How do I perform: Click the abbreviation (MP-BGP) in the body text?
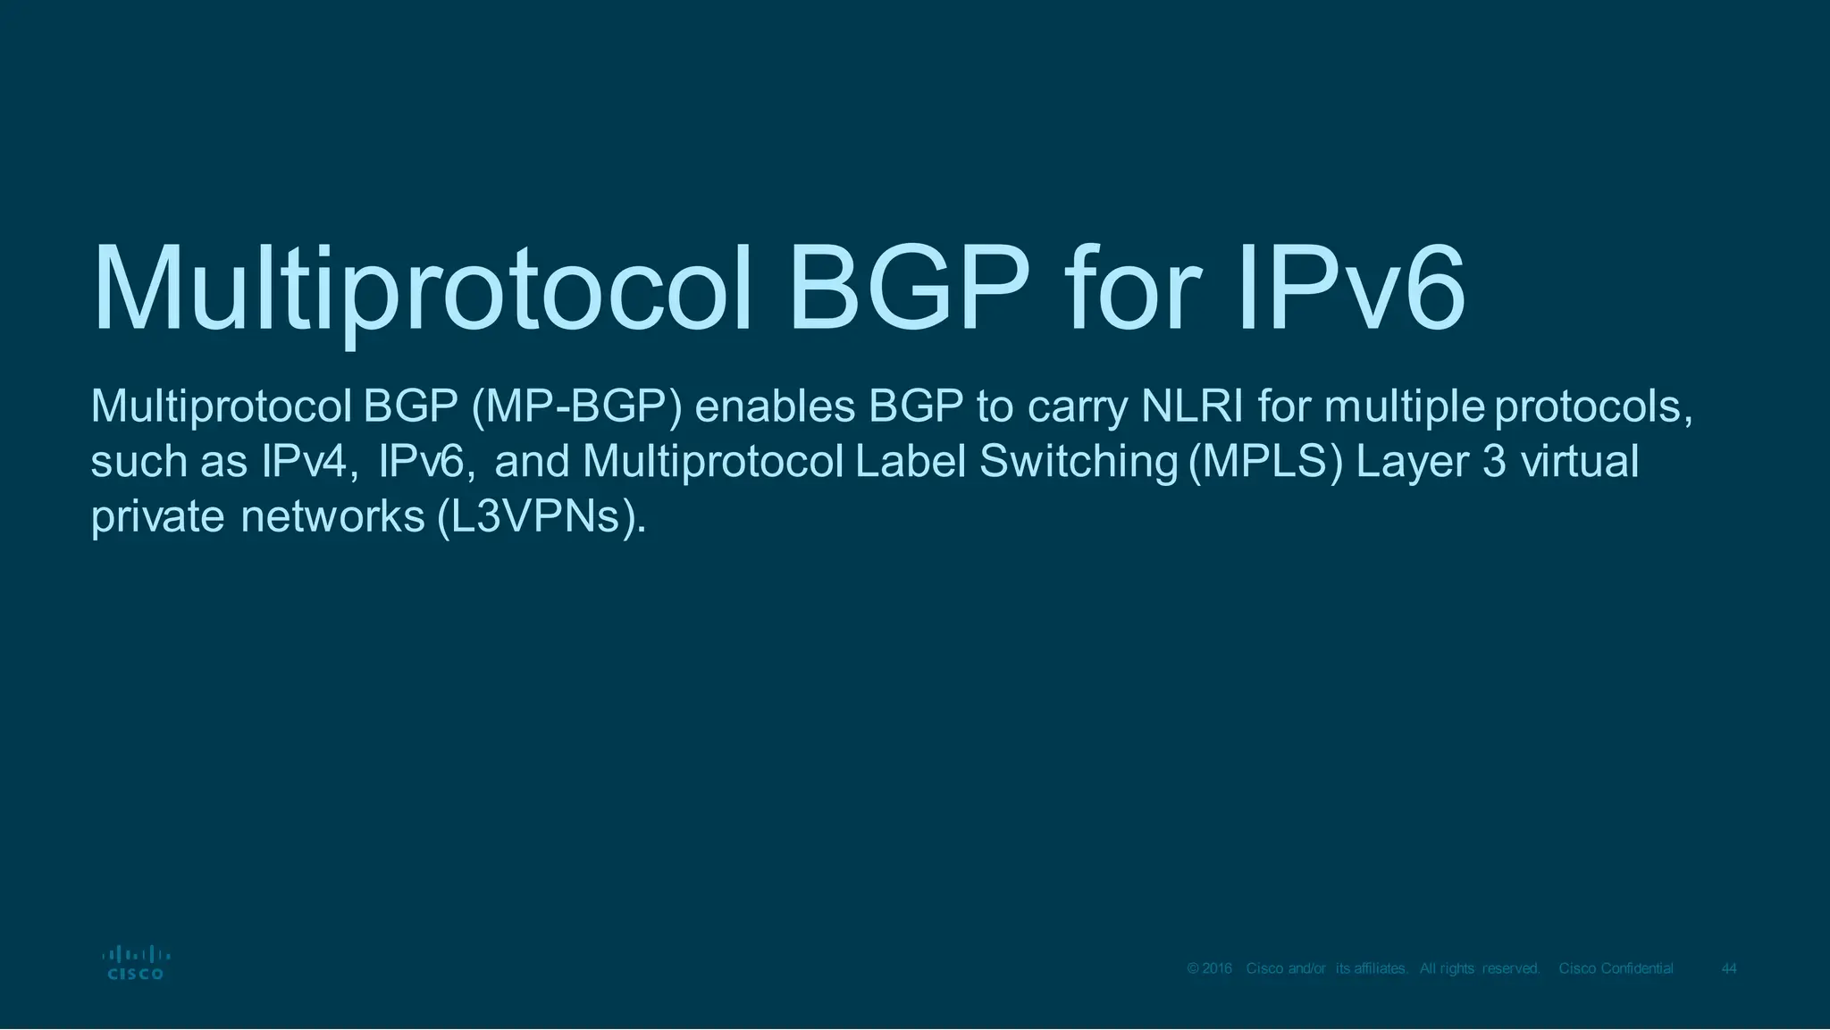click(576, 407)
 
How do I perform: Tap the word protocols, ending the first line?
click(1593, 408)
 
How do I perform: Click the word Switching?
click(1079, 463)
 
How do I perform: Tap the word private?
click(157, 517)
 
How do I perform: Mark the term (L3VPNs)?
click(541, 517)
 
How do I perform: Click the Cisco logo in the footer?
click(135, 963)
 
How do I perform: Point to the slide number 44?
click(1729, 969)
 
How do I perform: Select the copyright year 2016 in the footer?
click(1217, 969)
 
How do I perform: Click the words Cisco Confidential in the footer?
click(1616, 969)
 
